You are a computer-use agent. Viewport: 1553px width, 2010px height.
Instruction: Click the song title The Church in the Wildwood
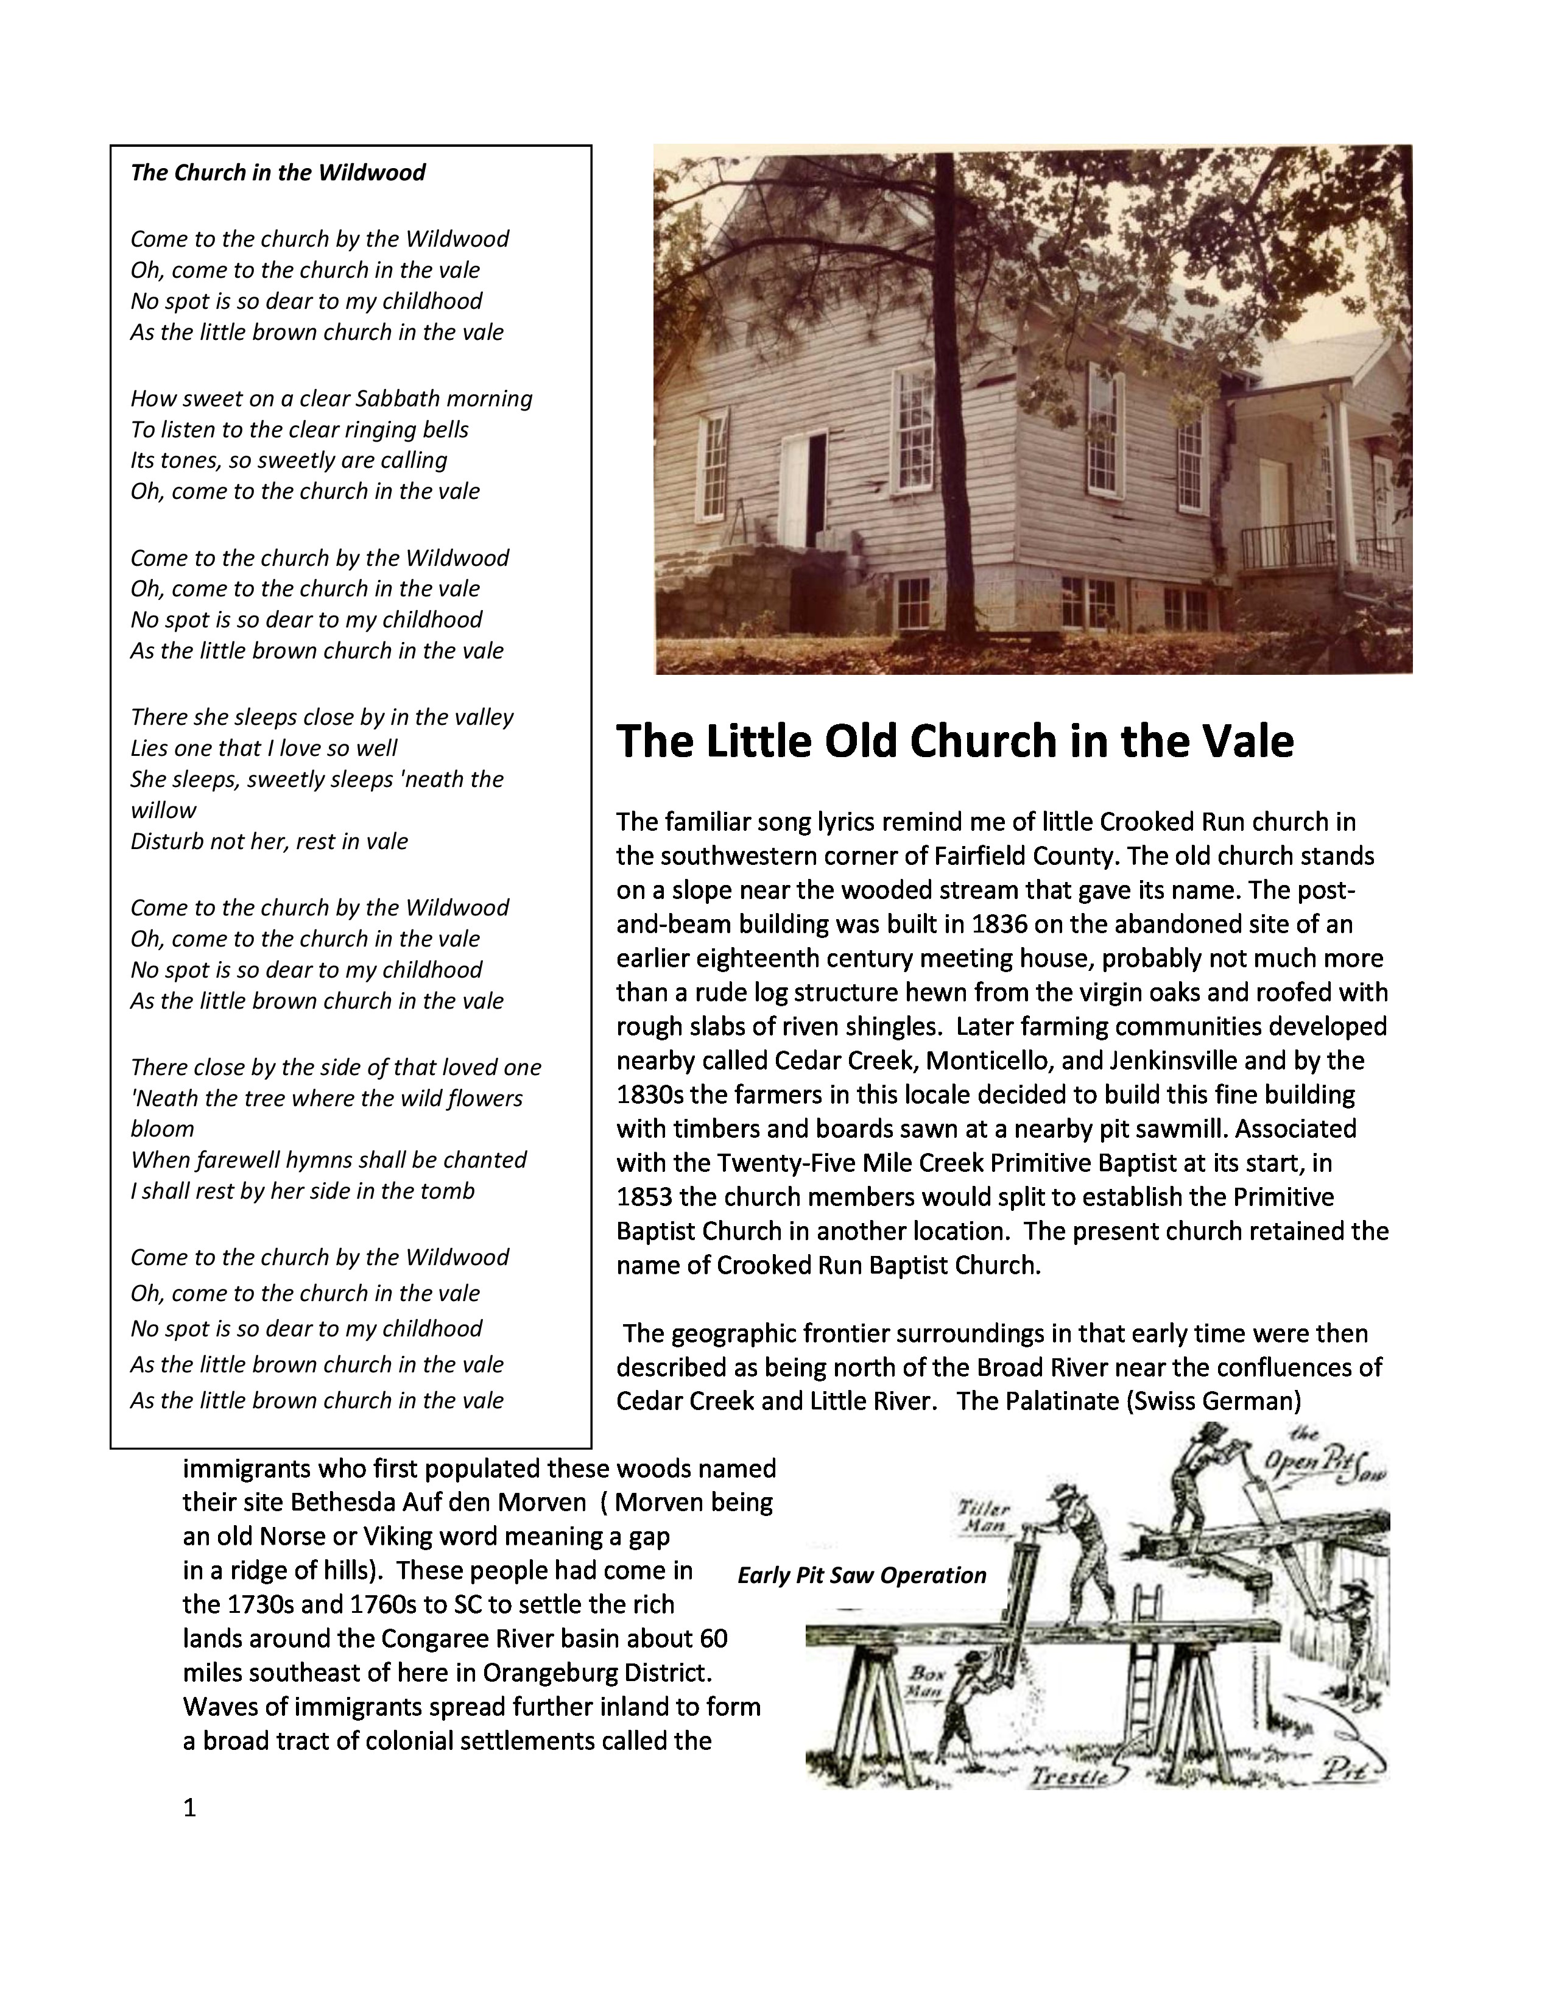(277, 173)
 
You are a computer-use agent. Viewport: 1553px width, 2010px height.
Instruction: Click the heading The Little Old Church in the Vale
(954, 742)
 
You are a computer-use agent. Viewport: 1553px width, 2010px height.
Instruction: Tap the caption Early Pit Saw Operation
(861, 1576)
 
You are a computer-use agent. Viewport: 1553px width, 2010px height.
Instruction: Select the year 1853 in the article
(645, 1197)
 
